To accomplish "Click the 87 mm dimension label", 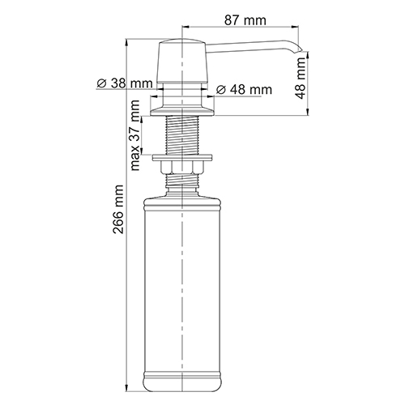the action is click(245, 20).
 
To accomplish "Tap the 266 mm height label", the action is click(118, 209).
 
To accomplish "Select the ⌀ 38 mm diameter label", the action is click(125, 83).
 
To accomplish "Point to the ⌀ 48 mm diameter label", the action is click(244, 89).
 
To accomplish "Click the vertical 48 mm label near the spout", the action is click(300, 79).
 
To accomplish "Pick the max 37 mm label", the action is click(135, 135).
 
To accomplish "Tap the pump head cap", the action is click(183, 61).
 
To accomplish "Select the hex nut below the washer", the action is click(182, 168).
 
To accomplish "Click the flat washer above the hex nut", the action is click(182, 158).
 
